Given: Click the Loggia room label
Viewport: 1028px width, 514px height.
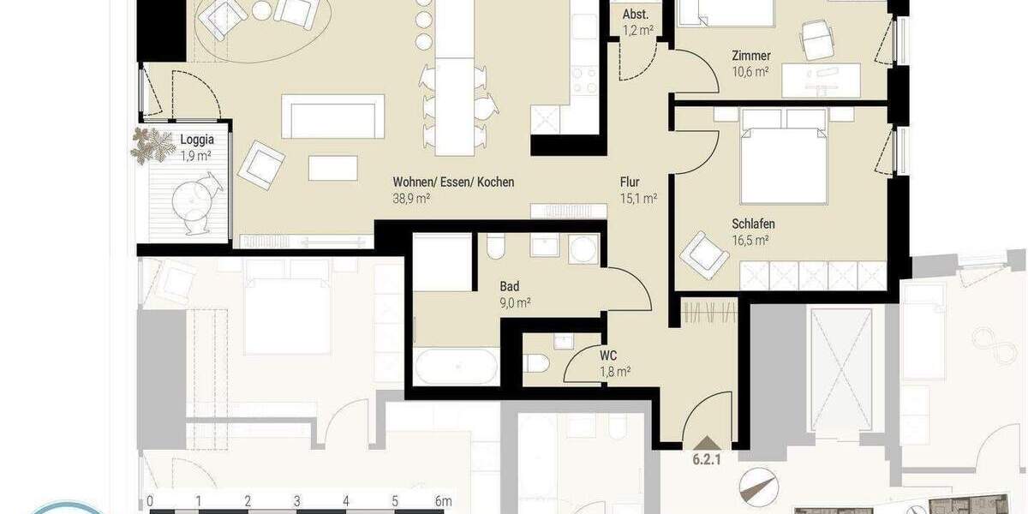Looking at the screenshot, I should point(196,140).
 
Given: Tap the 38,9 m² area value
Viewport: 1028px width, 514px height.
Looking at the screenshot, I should point(411,197).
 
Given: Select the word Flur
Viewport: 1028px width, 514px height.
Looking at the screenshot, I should point(630,182).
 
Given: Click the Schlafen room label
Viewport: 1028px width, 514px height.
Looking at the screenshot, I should point(753,224).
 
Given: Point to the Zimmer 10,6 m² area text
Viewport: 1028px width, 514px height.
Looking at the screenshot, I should point(750,72).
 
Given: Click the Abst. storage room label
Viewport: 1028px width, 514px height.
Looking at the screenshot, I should point(636,15).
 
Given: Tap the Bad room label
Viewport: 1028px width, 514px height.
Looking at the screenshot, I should point(510,286).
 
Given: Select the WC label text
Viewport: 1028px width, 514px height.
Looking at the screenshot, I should point(608,355).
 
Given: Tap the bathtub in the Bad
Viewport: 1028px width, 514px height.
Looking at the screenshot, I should point(456,367).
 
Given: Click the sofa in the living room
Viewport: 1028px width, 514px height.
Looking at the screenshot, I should point(332,117).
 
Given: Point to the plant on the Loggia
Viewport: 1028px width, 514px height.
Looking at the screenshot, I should point(152,146).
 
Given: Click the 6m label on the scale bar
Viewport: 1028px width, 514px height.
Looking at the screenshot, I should point(443,501).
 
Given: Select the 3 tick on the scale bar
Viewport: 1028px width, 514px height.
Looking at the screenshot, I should point(296,501).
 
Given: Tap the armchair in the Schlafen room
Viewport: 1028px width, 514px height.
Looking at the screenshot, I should point(703,254).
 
